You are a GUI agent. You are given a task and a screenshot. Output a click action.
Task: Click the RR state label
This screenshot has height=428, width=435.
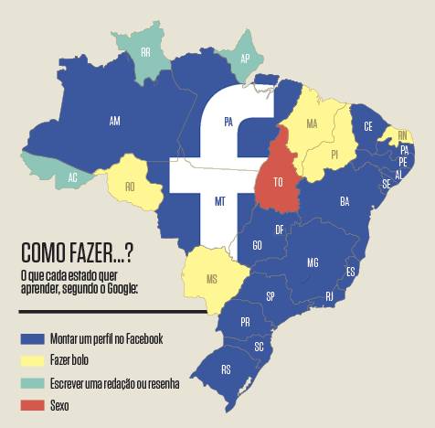(146, 52)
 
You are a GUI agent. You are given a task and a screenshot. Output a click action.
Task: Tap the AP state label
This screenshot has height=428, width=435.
(244, 58)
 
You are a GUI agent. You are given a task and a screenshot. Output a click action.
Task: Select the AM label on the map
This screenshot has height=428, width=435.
(114, 121)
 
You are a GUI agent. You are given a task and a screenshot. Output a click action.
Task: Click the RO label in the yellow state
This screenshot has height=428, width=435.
(131, 186)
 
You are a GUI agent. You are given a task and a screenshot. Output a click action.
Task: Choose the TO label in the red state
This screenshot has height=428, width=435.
(279, 182)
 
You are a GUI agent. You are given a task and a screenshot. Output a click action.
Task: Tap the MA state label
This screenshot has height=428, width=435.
(312, 123)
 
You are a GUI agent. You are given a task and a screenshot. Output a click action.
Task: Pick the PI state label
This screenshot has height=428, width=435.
(334, 155)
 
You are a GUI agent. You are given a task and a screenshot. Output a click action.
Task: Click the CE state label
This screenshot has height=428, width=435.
(368, 126)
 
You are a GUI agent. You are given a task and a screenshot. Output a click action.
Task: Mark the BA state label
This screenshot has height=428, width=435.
(345, 200)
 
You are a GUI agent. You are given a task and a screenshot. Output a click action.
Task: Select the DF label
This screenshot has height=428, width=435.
(280, 229)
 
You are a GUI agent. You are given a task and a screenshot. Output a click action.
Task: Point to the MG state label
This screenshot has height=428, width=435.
(313, 262)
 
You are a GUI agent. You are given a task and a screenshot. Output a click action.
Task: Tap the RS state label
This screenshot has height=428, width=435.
(226, 370)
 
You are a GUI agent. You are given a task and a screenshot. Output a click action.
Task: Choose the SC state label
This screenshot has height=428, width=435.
(259, 347)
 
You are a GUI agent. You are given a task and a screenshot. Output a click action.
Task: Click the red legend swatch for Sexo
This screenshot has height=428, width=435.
(33, 405)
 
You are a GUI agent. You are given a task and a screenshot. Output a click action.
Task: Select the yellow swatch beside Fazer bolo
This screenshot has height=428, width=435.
(33, 360)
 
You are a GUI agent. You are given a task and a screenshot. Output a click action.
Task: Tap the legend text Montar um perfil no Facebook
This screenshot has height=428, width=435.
(107, 338)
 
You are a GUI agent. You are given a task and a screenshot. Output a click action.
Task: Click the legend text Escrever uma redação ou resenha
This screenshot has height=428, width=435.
(115, 383)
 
